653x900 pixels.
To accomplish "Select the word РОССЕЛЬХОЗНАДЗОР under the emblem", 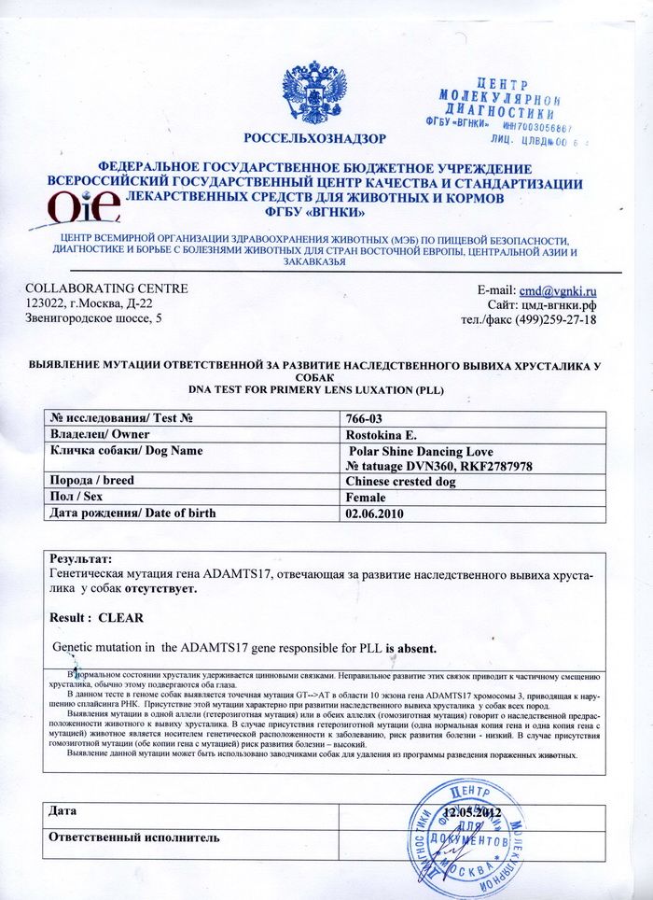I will (314, 139).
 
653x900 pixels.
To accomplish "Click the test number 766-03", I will (365, 419).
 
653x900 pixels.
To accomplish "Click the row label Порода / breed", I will (94, 482).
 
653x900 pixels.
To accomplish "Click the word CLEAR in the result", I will (120, 618).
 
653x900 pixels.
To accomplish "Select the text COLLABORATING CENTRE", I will (107, 289).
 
